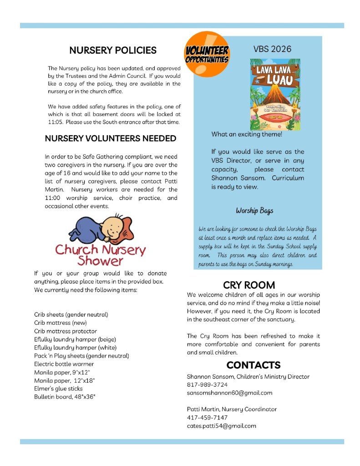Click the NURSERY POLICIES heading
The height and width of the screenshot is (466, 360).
pos(113,50)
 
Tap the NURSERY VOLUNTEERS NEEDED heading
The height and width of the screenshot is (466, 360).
pos(111,138)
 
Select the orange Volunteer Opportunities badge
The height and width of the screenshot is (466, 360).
pos(207,55)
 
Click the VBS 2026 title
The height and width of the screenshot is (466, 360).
pos(272,49)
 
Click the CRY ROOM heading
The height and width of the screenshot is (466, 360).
pos(249,285)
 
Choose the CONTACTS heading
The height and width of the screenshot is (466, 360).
pos(253,365)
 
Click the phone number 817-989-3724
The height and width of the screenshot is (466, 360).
pos(207,384)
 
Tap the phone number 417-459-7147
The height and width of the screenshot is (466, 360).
pos(207,417)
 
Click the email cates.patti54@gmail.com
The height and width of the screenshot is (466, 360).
pos(221,426)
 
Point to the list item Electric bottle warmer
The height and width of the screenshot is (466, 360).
pos(64,364)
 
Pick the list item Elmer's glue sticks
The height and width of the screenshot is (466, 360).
pos(58,389)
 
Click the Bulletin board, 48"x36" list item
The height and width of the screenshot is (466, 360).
pos(65,397)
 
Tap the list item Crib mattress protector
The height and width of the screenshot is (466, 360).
pos(65,331)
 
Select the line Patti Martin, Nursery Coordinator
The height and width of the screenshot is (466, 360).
pos(232,409)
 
